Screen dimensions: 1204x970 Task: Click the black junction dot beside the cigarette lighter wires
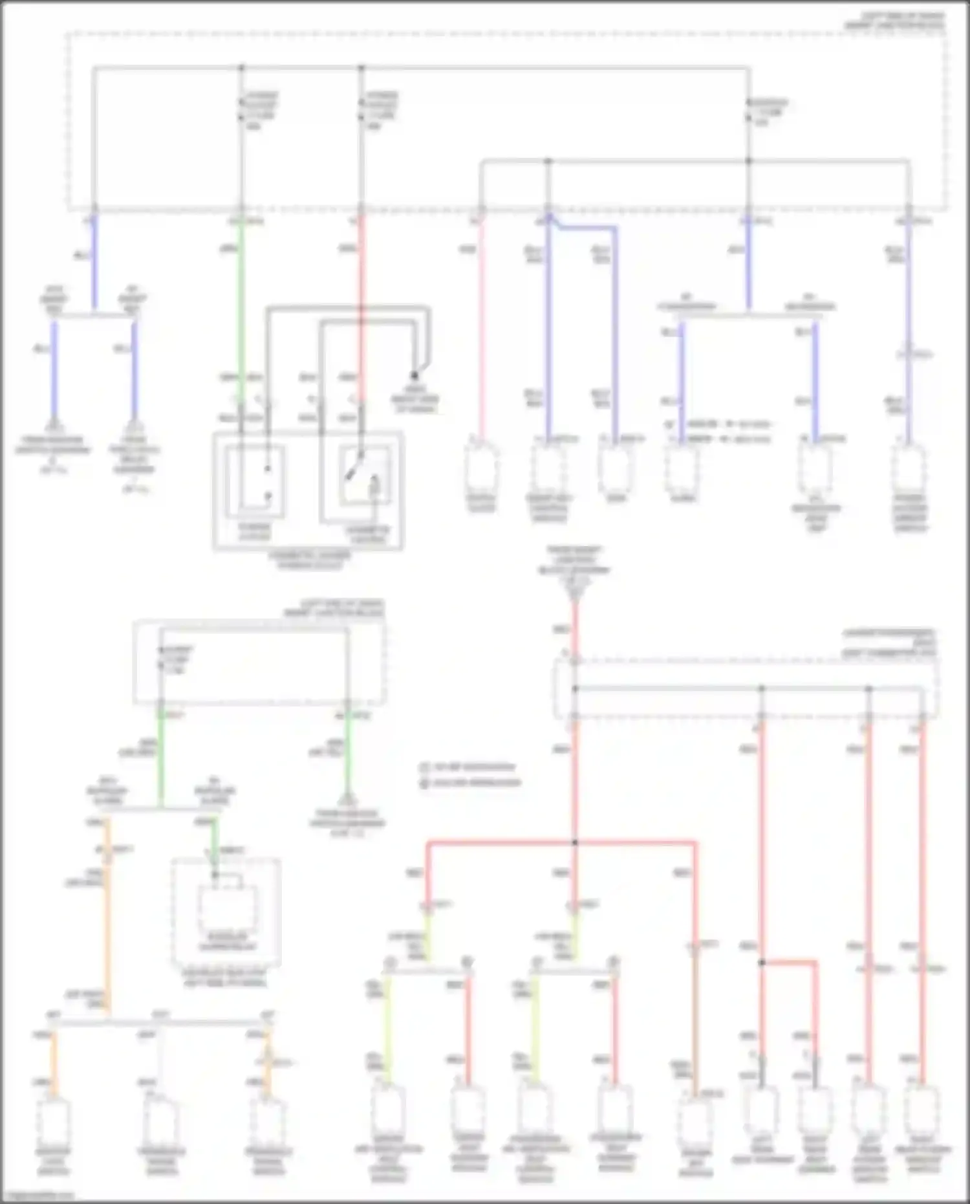click(x=415, y=376)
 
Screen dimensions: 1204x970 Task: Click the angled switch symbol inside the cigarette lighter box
click(x=353, y=471)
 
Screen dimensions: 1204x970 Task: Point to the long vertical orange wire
click(x=107, y=919)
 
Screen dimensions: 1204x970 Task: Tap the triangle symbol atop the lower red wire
click(x=574, y=591)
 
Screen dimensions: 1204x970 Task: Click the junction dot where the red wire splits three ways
click(x=574, y=843)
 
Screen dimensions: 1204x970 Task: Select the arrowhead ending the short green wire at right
click(x=348, y=800)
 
